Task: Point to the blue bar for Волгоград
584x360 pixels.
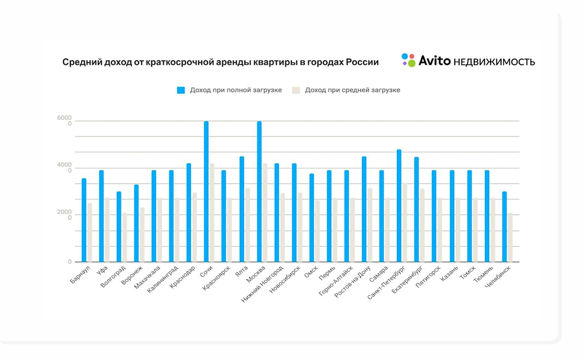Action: (x=119, y=226)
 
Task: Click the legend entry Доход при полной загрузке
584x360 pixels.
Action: (x=235, y=90)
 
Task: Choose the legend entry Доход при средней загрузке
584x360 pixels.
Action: (x=352, y=90)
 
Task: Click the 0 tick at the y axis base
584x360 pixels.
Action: (x=70, y=262)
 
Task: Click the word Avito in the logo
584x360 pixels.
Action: (x=434, y=60)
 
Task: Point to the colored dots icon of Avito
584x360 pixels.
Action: (x=408, y=60)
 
